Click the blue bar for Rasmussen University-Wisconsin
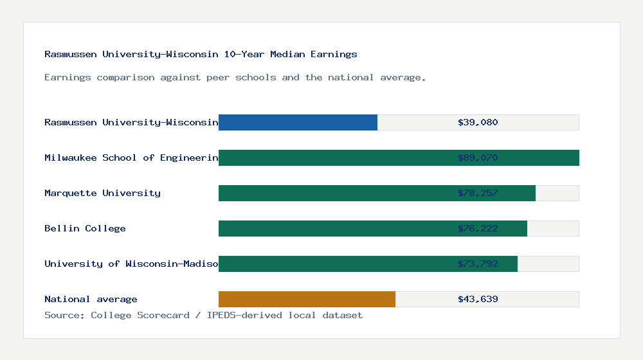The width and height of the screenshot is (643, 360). pos(298,122)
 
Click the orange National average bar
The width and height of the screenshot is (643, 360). pos(307,299)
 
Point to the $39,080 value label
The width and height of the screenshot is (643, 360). pos(478,122)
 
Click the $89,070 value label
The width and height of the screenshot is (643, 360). pos(478,157)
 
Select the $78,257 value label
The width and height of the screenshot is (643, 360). pos(478,193)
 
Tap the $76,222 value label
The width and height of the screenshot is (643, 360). pos(478,228)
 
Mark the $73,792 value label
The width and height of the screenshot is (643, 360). pos(478,264)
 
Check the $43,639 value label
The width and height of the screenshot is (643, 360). pos(478,299)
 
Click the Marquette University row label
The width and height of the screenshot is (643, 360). pos(102,193)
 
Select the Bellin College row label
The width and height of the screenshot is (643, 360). pos(85,228)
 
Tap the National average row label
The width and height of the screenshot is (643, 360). pos(91,299)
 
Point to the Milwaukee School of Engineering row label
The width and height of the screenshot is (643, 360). pos(131,157)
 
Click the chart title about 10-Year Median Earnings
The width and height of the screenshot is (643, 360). pos(201,54)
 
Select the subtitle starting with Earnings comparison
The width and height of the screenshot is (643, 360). pos(235,77)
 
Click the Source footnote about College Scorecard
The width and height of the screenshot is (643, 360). pos(203,315)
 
